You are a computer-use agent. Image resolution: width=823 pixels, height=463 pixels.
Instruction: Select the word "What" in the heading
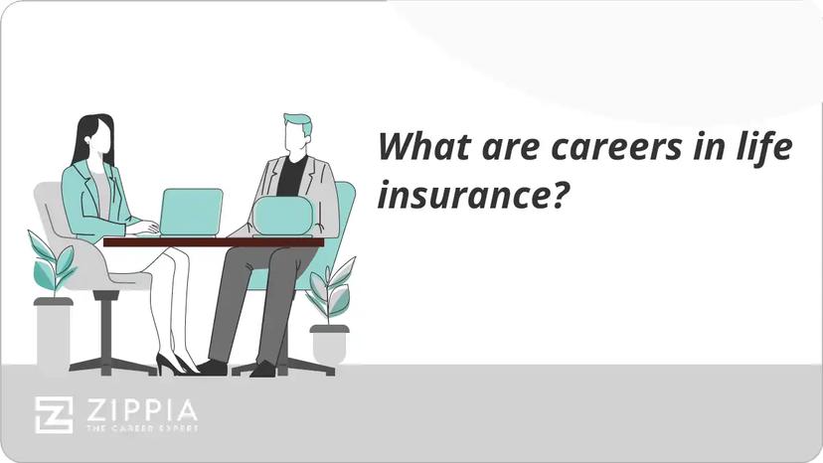pos(421,148)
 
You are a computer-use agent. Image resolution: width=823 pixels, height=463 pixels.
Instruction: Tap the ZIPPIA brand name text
pos(139,409)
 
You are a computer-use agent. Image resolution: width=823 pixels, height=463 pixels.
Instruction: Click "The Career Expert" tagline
pos(139,428)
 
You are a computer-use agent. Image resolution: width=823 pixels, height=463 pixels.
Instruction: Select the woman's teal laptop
pos(192,211)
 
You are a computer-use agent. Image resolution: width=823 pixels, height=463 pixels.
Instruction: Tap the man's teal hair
pos(298,123)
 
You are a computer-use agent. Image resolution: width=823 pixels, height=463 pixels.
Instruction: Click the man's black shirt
pos(291,176)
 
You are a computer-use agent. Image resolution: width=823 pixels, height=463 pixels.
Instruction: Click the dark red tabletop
pos(213,241)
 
